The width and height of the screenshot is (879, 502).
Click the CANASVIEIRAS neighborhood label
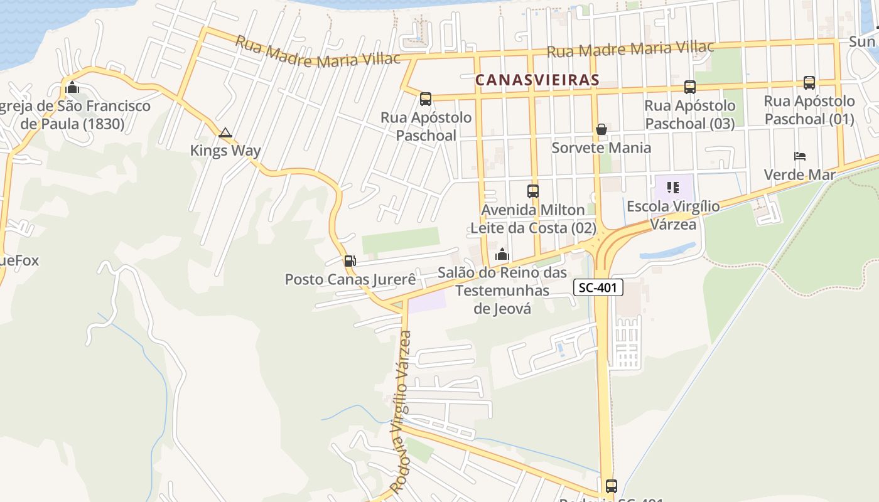pos(537,80)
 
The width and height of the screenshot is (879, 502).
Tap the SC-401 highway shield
pos(598,287)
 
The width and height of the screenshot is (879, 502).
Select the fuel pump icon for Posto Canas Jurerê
pos(350,261)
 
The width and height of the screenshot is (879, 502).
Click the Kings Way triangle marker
pos(225,133)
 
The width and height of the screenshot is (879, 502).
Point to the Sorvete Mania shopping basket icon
pos(601,130)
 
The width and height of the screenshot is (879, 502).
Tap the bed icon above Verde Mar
pos(799,156)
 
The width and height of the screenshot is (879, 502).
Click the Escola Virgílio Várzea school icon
pos(673,188)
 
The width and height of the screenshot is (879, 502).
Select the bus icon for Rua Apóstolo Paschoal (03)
pos(689,87)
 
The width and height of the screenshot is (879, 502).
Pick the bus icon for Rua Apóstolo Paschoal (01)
pos(809,83)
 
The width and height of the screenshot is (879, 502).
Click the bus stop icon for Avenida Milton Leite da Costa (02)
pos(532,191)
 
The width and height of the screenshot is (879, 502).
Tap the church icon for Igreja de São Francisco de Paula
pos(72,87)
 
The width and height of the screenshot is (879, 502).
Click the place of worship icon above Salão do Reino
pos(502,255)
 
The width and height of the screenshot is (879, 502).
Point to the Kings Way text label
pos(225,151)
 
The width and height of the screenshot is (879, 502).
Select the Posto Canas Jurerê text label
pos(350,279)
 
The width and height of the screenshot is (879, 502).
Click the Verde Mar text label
pos(799,174)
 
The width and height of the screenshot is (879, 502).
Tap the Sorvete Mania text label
pos(601,148)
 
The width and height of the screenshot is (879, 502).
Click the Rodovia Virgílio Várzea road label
pos(401,411)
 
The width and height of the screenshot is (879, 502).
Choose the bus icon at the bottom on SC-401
pos(611,486)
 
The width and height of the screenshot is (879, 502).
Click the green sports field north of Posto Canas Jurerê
pos(401,241)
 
